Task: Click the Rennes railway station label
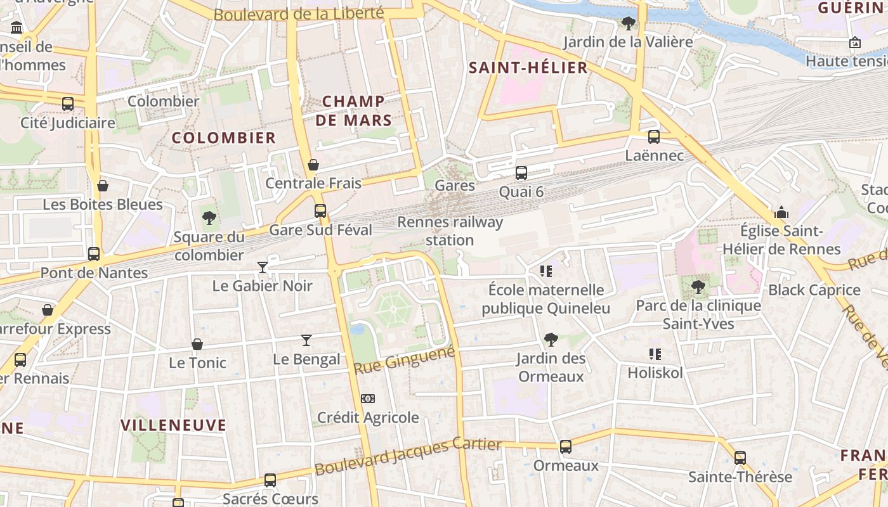[450, 231]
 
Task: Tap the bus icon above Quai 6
[521, 172]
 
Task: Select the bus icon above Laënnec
[654, 136]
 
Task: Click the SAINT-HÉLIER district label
[528, 68]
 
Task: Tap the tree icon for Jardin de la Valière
[629, 23]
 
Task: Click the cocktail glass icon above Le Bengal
[306, 340]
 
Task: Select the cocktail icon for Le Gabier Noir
[263, 267]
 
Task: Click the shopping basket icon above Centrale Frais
[313, 165]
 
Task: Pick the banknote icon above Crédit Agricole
[368, 399]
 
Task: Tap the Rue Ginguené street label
[404, 360]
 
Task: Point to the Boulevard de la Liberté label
[298, 14]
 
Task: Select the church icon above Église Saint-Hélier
[781, 212]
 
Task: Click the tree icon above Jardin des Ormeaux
[551, 340]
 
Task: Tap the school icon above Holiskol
[655, 354]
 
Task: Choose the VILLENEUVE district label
[173, 425]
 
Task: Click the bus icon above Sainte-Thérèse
[740, 458]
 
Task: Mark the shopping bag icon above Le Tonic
[197, 344]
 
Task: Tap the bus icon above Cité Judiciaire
[68, 103]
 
